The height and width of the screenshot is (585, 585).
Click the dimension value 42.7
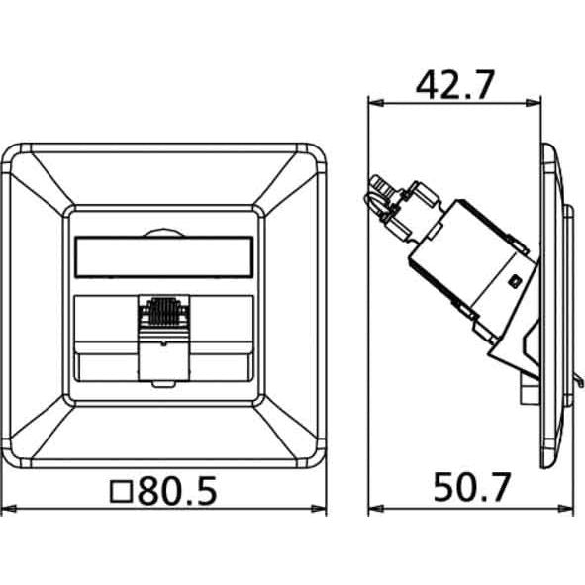pyautogui.click(x=455, y=85)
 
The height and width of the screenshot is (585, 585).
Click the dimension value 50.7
pyautogui.click(x=471, y=487)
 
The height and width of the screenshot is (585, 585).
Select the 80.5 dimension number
pyautogui.click(x=177, y=490)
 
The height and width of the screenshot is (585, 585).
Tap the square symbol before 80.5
pyautogui.click(x=121, y=491)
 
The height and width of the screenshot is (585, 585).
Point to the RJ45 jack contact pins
pyautogui.click(x=164, y=311)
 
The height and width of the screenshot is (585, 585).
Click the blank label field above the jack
pyautogui.click(x=164, y=257)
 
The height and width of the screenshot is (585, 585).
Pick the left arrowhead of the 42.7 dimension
pyautogui.click(x=376, y=103)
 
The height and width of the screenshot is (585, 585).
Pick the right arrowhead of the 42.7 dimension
pyautogui.click(x=534, y=103)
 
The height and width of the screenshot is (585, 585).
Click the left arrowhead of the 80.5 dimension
pyautogui.click(x=9, y=508)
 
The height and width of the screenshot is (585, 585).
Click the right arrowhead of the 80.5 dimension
pyautogui.click(x=319, y=508)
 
